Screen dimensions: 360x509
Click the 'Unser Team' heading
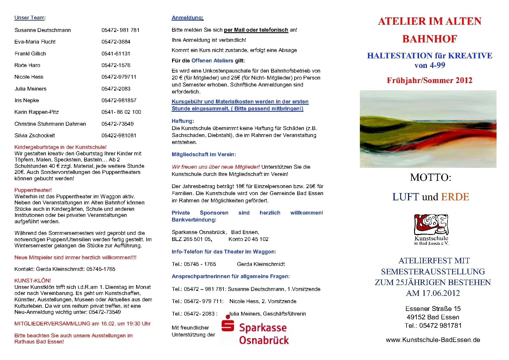(x=30, y=18)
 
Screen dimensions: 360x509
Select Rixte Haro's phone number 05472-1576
(x=116, y=65)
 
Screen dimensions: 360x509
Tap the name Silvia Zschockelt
(x=35, y=136)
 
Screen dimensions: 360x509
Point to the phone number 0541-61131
(x=116, y=54)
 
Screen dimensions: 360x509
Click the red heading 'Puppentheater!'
(x=33, y=190)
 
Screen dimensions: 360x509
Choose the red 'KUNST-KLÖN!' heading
(x=33, y=281)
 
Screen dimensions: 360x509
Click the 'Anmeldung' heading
(x=187, y=18)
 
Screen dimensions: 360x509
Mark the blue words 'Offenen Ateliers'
(x=212, y=61)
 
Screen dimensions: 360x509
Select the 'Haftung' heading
(x=182, y=121)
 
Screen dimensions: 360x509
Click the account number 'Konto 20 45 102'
(x=248, y=239)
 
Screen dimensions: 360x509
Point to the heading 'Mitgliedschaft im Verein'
(x=203, y=154)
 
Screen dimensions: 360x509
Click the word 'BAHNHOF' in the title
(x=429, y=39)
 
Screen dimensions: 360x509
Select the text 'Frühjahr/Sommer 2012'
(x=429, y=80)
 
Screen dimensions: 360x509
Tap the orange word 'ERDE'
(x=455, y=197)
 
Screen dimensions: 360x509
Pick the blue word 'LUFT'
(x=406, y=197)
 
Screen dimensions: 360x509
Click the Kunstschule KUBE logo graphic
(x=431, y=225)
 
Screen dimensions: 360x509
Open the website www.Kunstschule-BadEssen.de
(x=433, y=340)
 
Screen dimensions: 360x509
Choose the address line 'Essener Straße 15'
(x=433, y=309)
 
